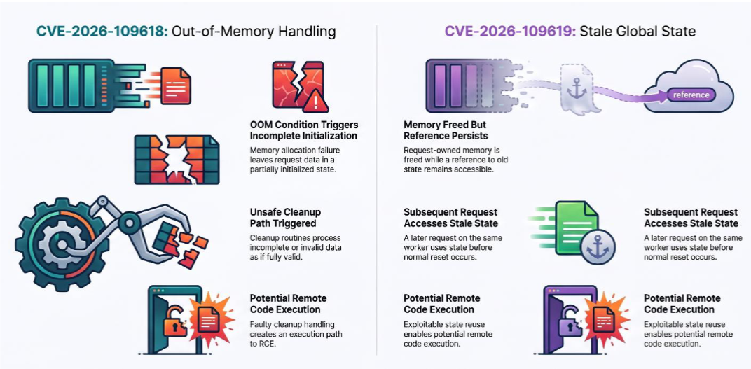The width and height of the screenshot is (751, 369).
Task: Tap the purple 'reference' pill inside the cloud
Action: tap(691, 95)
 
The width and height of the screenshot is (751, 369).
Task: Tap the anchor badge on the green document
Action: tap(598, 246)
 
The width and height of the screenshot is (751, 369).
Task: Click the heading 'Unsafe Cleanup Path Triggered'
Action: tap(286, 217)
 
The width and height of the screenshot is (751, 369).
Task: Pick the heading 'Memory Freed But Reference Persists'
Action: tap(446, 130)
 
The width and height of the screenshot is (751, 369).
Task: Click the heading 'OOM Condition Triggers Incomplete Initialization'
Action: tap(303, 130)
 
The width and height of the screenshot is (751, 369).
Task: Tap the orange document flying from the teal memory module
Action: tap(176, 85)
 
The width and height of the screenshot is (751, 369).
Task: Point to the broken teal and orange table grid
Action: tap(177, 160)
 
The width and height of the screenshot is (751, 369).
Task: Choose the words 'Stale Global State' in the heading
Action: tap(638, 32)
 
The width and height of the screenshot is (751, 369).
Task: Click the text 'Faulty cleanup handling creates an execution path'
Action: tap(295, 329)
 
